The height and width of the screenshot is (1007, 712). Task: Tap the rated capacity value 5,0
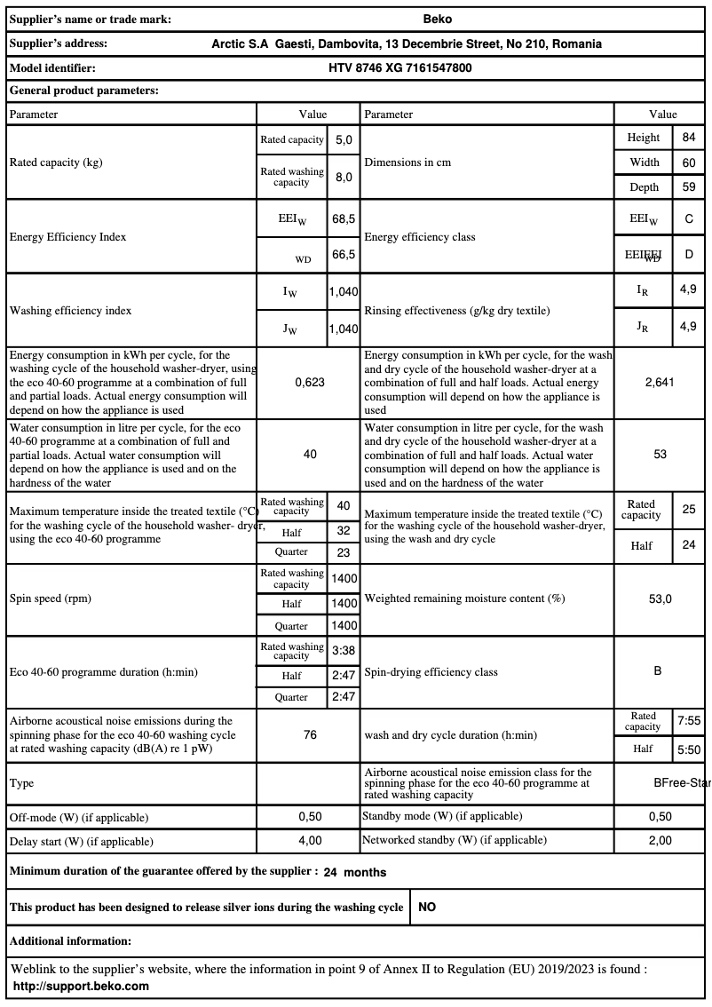344,140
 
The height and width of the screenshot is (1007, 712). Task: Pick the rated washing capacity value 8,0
344,177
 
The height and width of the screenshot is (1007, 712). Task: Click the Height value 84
689,138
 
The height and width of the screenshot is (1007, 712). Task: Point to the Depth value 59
689,186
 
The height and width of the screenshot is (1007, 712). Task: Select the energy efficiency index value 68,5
344,218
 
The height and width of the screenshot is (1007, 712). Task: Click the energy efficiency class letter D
689,255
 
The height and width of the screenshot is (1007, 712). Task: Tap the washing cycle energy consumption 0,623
310,382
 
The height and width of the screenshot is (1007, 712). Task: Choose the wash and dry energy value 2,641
660,382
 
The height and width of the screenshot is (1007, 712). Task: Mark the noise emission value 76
310,735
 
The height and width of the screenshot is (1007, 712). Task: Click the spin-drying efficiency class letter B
658,671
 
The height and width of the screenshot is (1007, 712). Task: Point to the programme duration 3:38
344,651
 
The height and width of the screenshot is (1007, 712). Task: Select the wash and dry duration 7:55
689,721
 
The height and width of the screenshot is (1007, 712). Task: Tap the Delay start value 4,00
310,840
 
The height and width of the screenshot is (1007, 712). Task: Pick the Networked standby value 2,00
660,840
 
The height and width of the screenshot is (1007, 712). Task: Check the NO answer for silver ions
427,908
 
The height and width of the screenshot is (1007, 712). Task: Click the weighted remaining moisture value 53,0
660,599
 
